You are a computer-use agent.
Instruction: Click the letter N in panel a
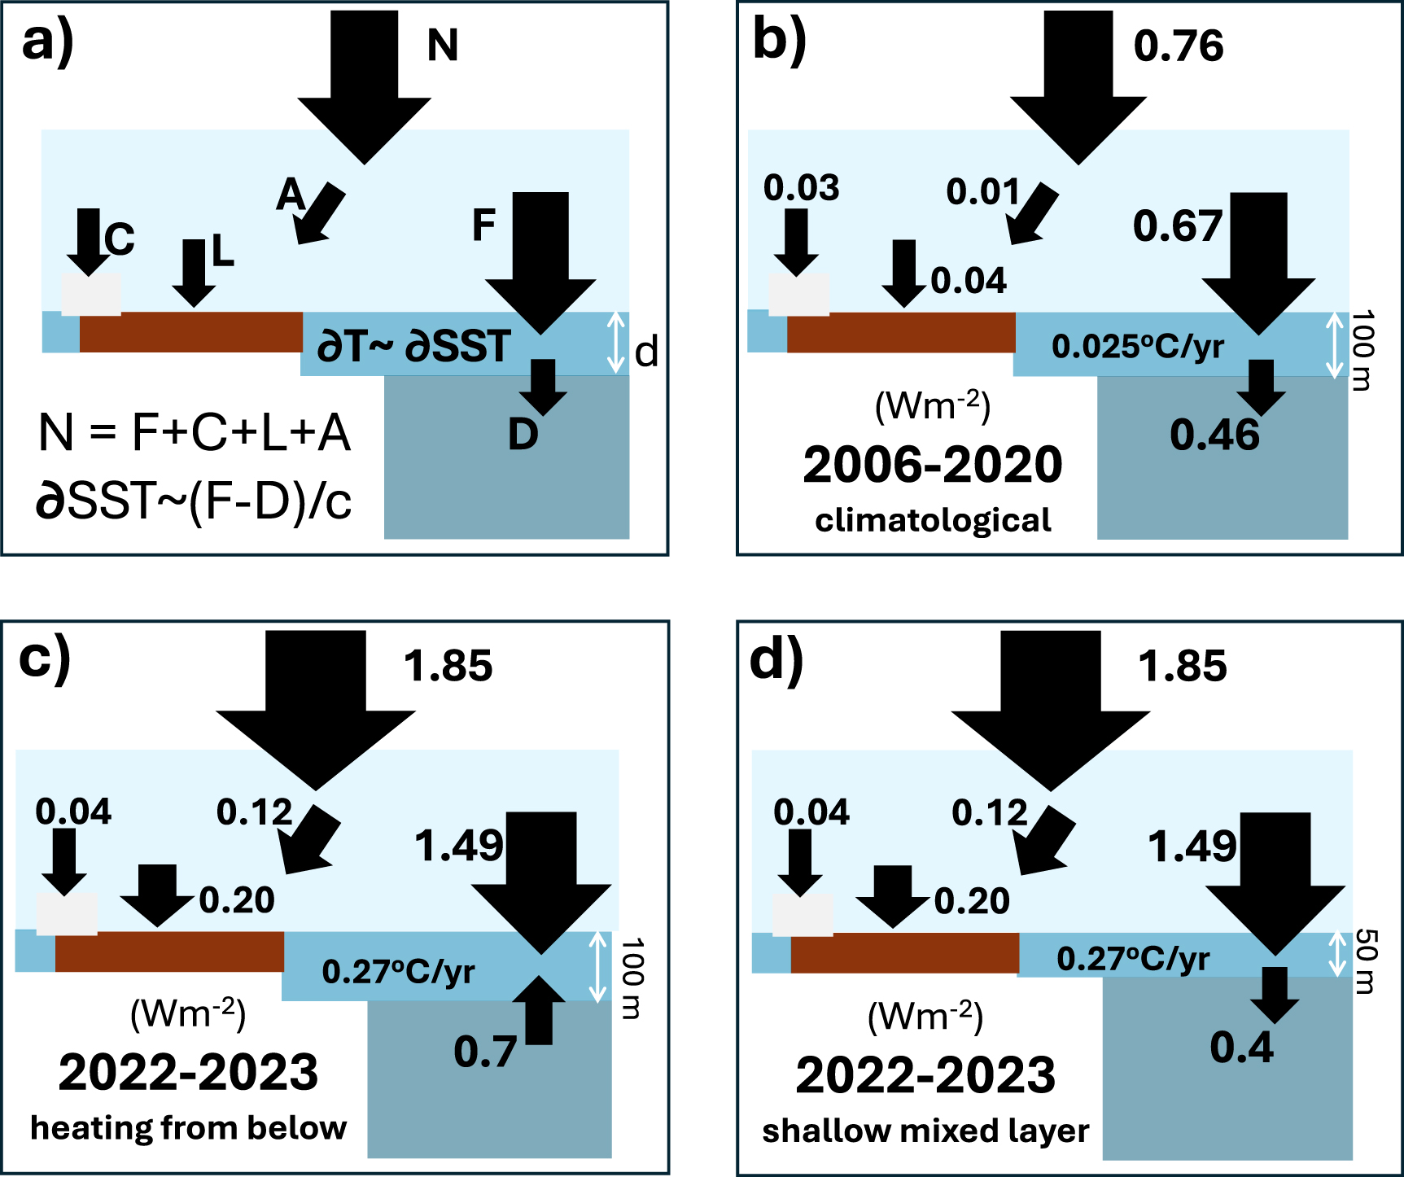[x=443, y=45]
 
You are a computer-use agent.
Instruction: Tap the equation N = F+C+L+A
[x=195, y=432]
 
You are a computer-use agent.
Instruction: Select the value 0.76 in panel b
[x=1178, y=46]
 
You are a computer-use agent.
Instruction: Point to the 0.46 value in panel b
[x=1214, y=435]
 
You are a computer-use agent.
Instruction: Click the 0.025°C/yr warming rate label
[x=1137, y=347]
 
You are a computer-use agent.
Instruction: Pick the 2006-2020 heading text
[x=933, y=465]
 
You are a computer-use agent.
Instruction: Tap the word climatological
[x=933, y=520]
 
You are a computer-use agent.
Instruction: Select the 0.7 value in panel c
[x=485, y=1052]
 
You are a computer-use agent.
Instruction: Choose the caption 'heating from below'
[x=189, y=1128]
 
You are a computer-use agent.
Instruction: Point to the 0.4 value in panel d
[x=1241, y=1048]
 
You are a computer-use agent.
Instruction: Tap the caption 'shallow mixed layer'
[x=925, y=1131]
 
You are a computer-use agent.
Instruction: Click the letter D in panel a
[x=523, y=435]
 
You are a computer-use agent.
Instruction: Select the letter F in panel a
[x=483, y=225]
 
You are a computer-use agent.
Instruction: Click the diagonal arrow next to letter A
[x=319, y=214]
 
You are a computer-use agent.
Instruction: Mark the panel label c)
[x=45, y=659]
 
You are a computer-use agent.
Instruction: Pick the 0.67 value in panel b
[x=1177, y=226]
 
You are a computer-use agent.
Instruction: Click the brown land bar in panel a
[x=190, y=332]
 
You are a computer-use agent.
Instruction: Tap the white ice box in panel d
[x=803, y=915]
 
